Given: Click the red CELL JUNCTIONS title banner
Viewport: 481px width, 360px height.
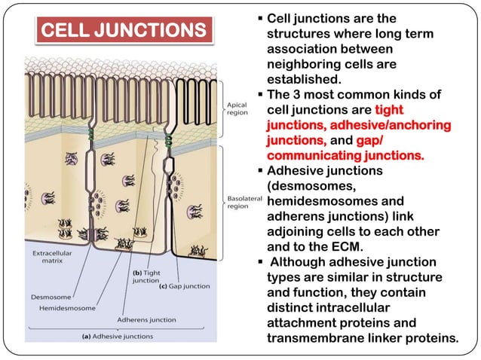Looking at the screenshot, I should pyautogui.click(x=122, y=31).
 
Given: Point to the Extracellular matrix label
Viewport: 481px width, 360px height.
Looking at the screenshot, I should pyautogui.click(x=51, y=258).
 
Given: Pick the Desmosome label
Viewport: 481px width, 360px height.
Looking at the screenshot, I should pyautogui.click(x=51, y=297).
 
